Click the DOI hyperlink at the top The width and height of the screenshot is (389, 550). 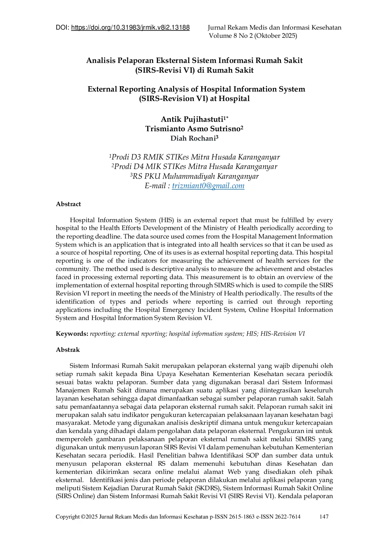(130, 28)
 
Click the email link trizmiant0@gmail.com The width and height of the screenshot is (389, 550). (208, 186)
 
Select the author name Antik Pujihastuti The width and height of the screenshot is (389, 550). (192, 119)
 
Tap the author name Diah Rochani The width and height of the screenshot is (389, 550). (192, 138)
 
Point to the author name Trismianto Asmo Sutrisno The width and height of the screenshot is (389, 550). (192, 129)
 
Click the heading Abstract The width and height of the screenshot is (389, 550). (68, 204)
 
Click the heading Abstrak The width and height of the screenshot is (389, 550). (68, 350)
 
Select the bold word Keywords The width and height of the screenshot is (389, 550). (72, 334)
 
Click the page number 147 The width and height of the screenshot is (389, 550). (324, 517)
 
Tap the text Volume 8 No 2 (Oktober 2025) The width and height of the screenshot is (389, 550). (253, 36)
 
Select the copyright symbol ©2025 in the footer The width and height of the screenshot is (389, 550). (89, 517)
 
